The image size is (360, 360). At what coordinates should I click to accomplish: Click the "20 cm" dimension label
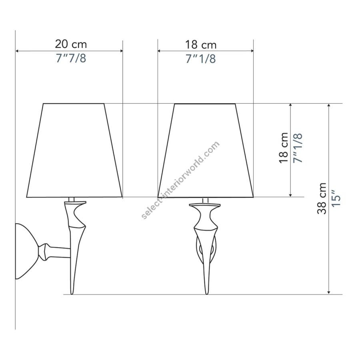71,44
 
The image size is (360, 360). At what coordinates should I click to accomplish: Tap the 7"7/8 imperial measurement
71,58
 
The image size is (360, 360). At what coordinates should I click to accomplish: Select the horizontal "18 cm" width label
201,45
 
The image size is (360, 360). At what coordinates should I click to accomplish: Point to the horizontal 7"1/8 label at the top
201,59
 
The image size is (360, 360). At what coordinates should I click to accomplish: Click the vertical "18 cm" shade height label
284,148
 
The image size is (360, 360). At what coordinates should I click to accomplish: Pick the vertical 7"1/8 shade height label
298,148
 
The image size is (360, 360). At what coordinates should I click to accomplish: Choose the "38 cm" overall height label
322,198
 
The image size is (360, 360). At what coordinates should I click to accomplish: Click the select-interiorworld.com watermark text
180,180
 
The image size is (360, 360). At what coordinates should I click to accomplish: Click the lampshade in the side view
74,150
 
